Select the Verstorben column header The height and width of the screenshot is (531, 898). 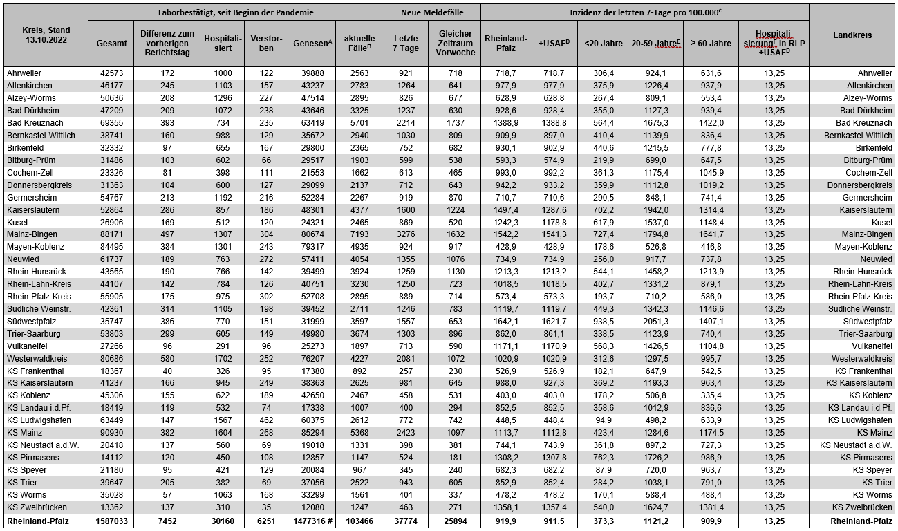(266, 43)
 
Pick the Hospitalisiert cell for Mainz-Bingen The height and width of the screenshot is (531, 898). (223, 234)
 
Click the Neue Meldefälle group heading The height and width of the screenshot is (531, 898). (432, 12)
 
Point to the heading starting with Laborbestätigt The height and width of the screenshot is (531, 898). (235, 12)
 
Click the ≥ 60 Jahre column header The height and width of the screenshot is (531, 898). (711, 43)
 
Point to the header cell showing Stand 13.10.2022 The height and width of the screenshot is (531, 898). (44, 36)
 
